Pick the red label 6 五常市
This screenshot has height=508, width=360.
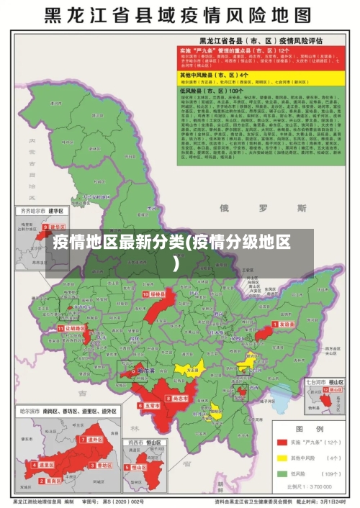coord(149,406)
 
